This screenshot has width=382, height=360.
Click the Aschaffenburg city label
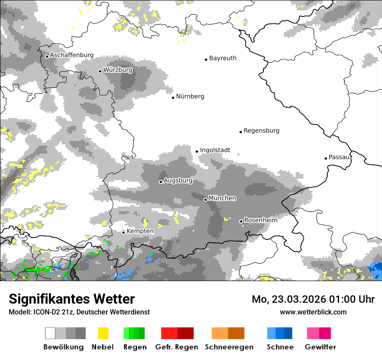(72, 55)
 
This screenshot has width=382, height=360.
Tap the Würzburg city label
(118, 70)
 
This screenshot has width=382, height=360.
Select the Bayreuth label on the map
(223, 58)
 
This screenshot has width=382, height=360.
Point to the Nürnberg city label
(190, 96)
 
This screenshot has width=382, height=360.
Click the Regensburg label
(261, 131)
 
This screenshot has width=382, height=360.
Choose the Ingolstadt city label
(215, 150)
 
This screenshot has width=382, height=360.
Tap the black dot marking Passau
(326, 158)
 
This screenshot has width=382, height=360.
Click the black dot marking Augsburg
(161, 182)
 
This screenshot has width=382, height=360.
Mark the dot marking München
(205, 200)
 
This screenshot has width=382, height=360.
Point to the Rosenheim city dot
(241, 221)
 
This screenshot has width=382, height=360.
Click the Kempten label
(140, 231)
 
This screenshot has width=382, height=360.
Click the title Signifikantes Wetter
(72, 299)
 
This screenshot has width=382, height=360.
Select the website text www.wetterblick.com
(313, 312)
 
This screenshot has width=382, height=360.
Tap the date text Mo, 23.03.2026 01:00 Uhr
(313, 299)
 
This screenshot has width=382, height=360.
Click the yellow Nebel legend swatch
(103, 333)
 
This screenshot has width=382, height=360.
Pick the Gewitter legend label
(320, 347)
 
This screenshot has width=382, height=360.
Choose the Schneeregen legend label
(229, 347)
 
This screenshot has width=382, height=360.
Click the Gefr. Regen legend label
(177, 347)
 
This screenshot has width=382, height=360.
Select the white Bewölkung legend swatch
(50, 333)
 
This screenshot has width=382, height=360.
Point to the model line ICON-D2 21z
(79, 312)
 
